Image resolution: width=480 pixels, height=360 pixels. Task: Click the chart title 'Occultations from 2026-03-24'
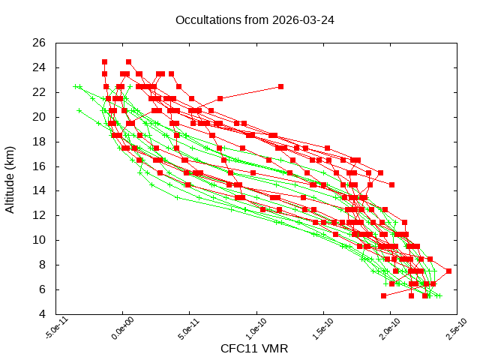pos(254,20)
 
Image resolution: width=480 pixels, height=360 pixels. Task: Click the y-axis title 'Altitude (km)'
pos(10,178)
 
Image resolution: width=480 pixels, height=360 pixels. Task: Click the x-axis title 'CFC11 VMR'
pos(254,349)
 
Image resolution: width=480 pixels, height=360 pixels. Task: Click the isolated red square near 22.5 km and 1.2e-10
pos(280,86)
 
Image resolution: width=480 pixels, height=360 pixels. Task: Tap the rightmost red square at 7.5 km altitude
pos(448,271)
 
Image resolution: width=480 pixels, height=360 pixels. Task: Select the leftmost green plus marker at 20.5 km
pos(79,111)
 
